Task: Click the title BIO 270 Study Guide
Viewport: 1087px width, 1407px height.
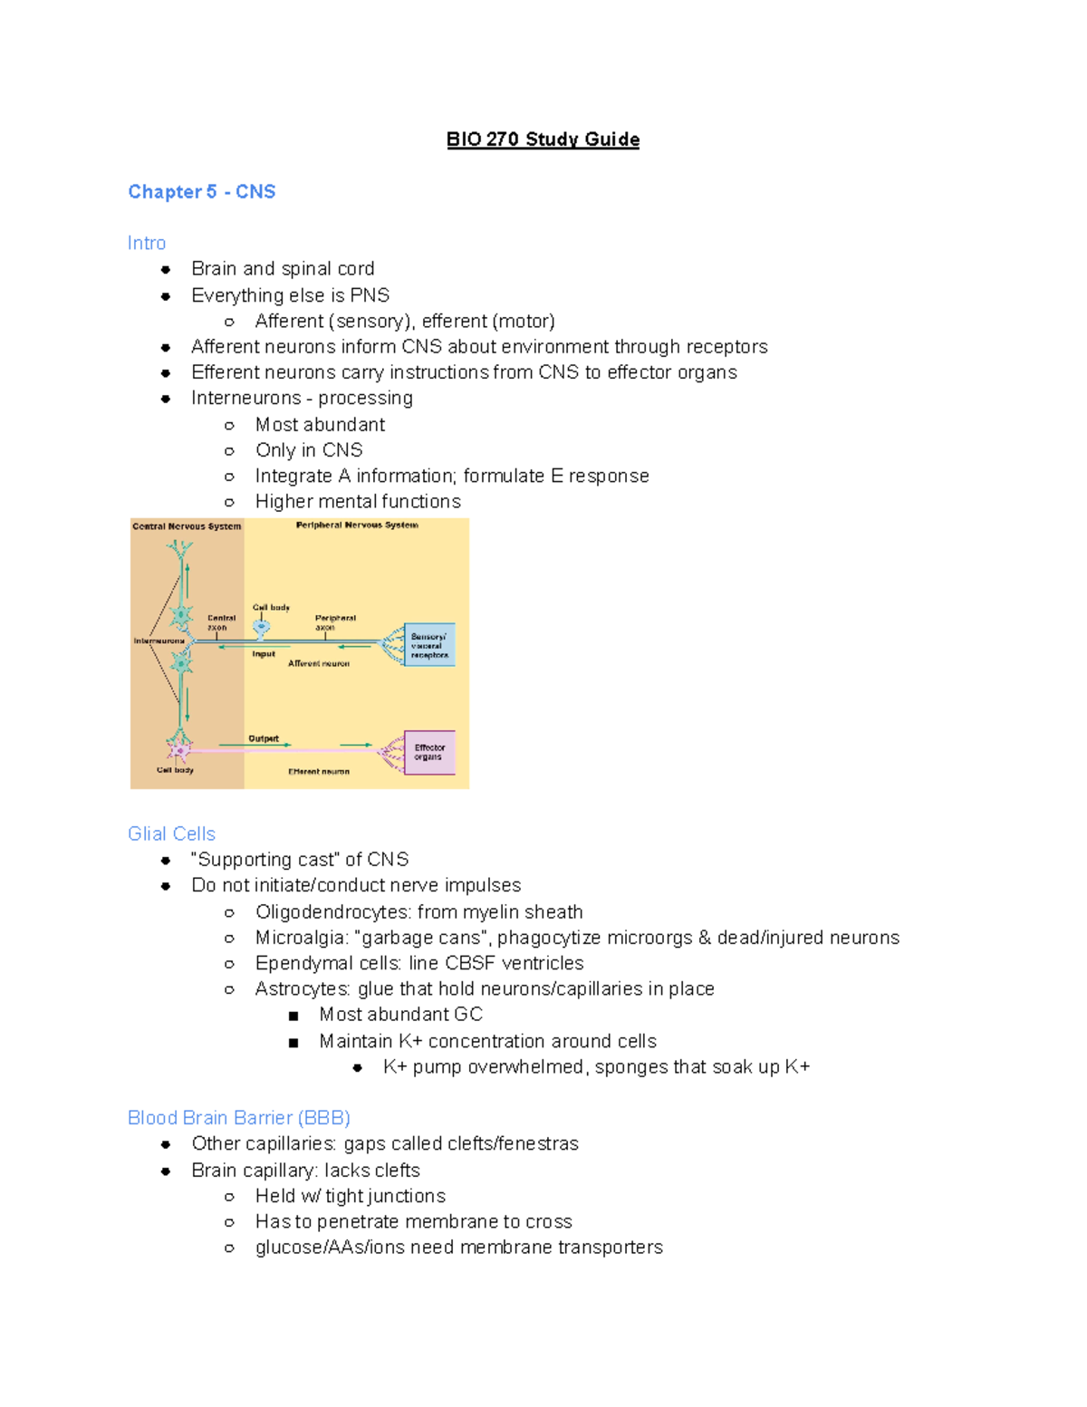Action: tap(543, 140)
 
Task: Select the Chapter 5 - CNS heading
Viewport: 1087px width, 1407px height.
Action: tap(201, 192)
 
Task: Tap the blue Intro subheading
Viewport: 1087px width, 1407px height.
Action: tap(147, 243)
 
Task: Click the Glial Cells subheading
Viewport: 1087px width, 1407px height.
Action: tap(171, 834)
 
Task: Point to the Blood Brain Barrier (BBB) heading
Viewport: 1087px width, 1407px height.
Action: tap(238, 1118)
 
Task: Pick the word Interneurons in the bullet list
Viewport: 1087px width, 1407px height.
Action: tap(245, 399)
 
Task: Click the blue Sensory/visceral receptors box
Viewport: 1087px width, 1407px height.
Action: tap(429, 645)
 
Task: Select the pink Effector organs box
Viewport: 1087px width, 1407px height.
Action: tap(428, 752)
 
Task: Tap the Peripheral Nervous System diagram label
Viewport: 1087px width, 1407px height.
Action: tap(357, 525)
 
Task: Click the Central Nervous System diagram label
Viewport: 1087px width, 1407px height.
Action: tap(187, 526)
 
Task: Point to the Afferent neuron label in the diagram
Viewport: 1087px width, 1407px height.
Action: tap(319, 664)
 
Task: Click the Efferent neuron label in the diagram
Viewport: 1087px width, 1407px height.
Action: tap(319, 772)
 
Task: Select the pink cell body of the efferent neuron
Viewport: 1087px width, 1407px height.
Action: tap(179, 750)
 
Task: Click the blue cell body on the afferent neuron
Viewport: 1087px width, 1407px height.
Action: tap(261, 627)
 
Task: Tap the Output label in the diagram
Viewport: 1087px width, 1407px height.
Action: tap(264, 739)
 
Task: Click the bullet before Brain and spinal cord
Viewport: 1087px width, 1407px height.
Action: tap(166, 269)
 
